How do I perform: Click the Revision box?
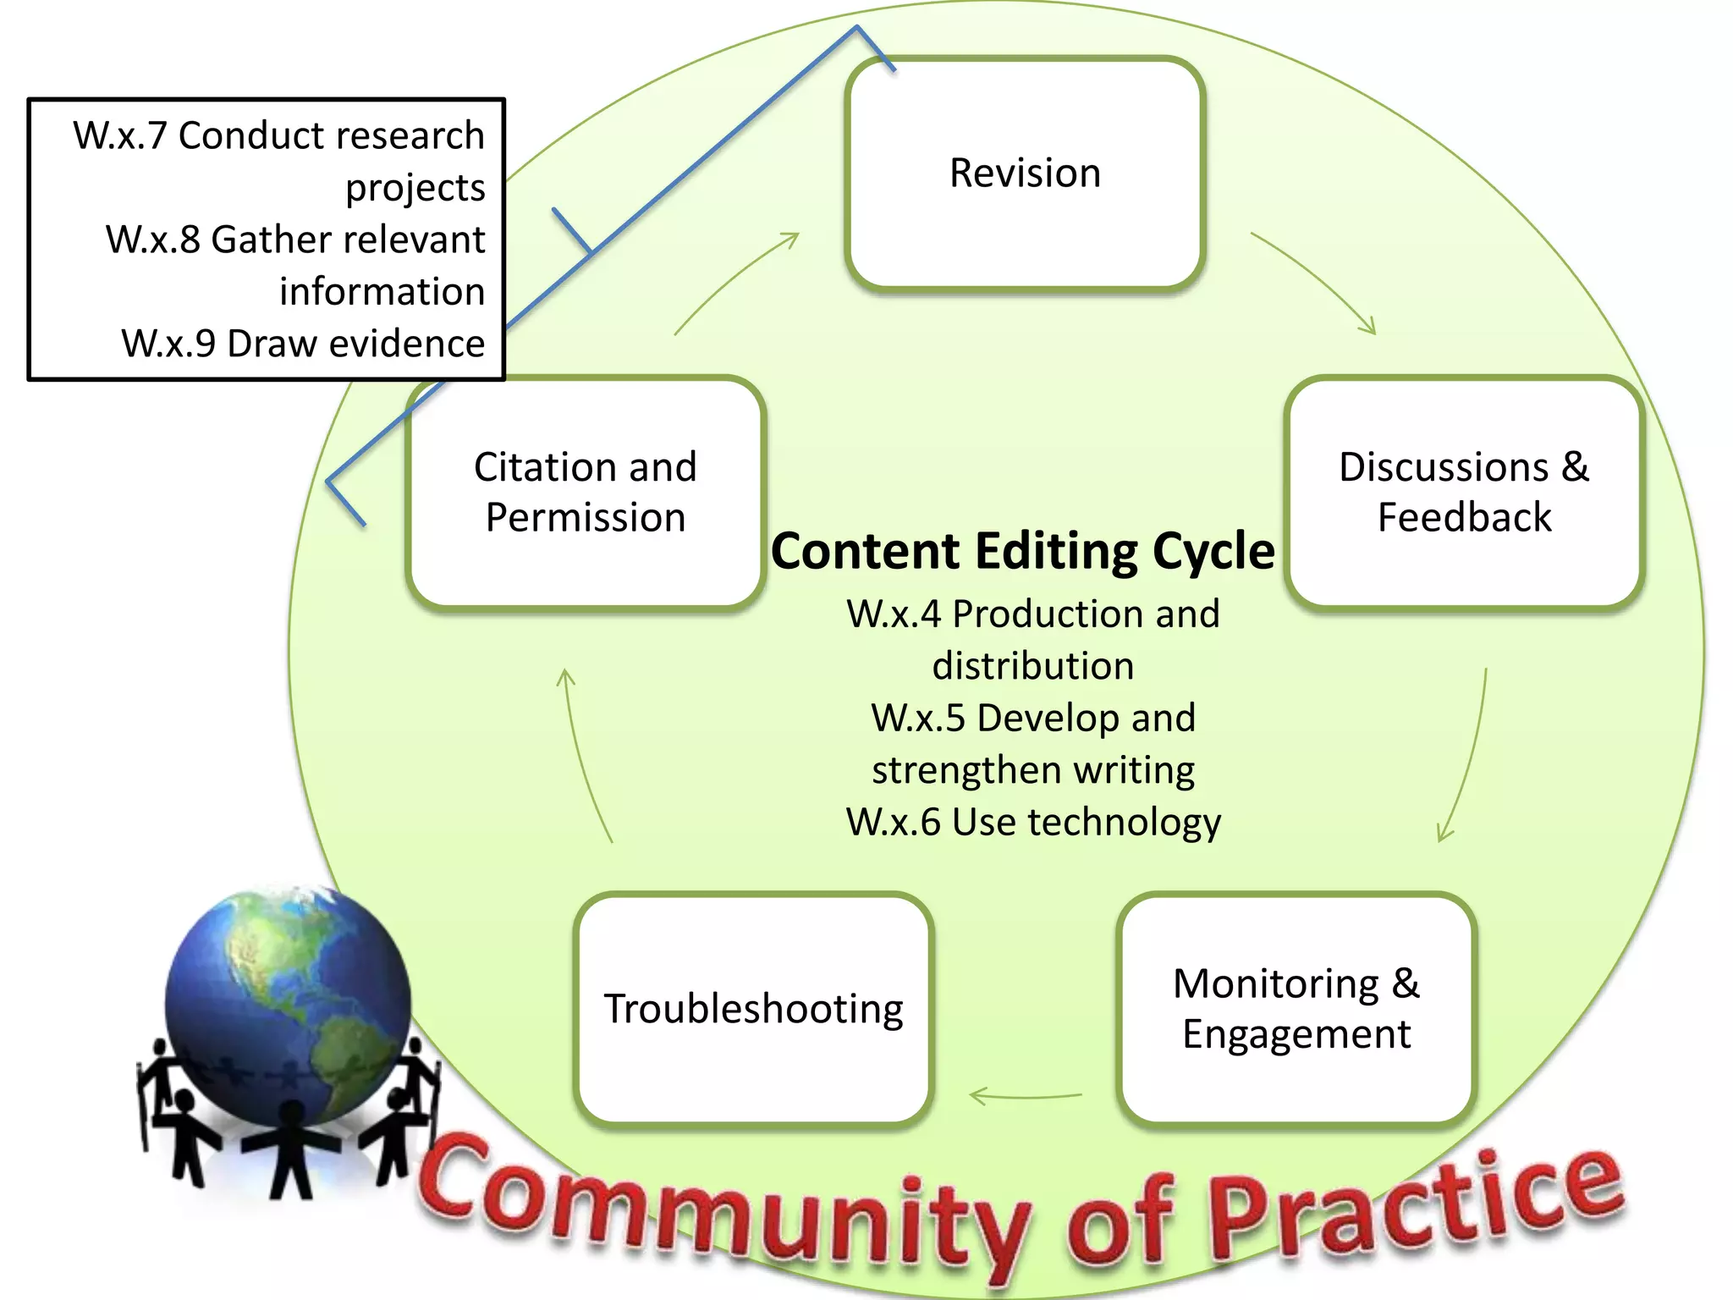point(1025,174)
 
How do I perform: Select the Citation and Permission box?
point(586,493)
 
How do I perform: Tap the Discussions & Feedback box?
point(1464,493)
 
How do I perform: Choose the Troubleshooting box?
point(753,1009)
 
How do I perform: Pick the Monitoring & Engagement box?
point(1296,1009)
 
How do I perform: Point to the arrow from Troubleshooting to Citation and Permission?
point(582,753)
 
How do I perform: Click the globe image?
point(288,1007)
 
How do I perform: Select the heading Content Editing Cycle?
point(1022,551)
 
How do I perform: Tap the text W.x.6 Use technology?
point(1033,822)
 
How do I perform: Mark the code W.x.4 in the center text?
point(894,614)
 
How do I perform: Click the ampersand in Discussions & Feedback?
point(1575,466)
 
